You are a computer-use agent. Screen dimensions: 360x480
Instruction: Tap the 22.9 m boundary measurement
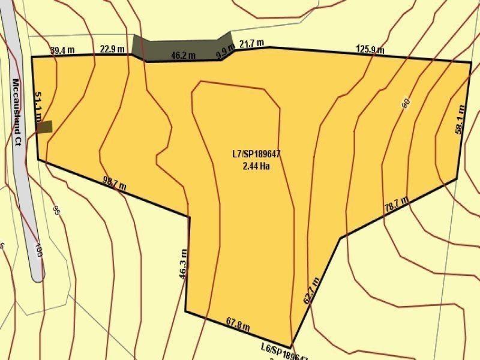pos(112,49)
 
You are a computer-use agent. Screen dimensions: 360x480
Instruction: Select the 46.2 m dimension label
pos(183,56)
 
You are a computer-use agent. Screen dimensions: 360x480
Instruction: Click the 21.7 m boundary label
pos(252,43)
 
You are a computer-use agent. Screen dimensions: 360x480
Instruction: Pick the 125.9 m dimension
pos(370,50)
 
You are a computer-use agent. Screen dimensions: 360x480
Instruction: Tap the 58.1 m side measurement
pos(460,121)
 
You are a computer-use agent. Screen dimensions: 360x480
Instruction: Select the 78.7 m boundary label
pos(396,204)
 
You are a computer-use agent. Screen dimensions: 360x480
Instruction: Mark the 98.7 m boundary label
pos(114,182)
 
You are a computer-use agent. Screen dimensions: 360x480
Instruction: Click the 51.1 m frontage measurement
pos(38,106)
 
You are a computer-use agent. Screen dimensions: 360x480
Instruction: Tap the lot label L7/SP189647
pos(256,154)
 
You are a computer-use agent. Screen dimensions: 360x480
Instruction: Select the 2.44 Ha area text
pos(256,166)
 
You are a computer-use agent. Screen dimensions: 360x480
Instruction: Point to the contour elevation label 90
pos(406,103)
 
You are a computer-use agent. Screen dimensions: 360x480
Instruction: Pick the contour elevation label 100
pos(38,250)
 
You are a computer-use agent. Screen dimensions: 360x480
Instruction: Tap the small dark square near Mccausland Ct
pos(45,126)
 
